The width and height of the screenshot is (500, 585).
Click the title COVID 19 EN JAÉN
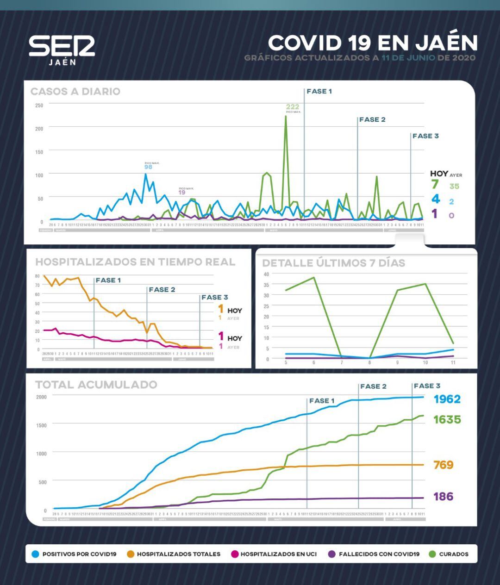click(x=373, y=43)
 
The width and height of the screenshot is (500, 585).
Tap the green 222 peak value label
click(x=293, y=107)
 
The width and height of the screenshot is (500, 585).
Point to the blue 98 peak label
click(x=148, y=167)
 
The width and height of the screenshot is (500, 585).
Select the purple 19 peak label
click(x=182, y=192)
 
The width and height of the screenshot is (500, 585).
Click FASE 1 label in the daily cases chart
click(x=319, y=92)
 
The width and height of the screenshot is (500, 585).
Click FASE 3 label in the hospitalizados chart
click(x=214, y=297)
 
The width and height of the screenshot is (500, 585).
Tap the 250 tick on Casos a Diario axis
click(x=39, y=106)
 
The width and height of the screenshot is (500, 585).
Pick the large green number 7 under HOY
click(x=435, y=184)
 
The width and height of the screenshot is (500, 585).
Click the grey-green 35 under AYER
click(x=454, y=187)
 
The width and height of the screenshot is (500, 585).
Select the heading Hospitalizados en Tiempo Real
click(x=135, y=262)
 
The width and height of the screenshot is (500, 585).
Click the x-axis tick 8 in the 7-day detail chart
click(x=369, y=363)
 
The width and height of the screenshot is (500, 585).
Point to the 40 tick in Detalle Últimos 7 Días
click(x=266, y=274)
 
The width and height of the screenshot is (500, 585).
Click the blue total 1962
click(x=447, y=399)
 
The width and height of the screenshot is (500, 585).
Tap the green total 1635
click(x=447, y=419)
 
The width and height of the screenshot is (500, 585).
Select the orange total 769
click(x=443, y=465)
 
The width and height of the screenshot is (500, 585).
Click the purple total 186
click(x=443, y=496)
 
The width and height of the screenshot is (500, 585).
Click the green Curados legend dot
click(x=433, y=554)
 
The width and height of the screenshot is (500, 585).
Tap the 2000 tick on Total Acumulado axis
click(x=41, y=397)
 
